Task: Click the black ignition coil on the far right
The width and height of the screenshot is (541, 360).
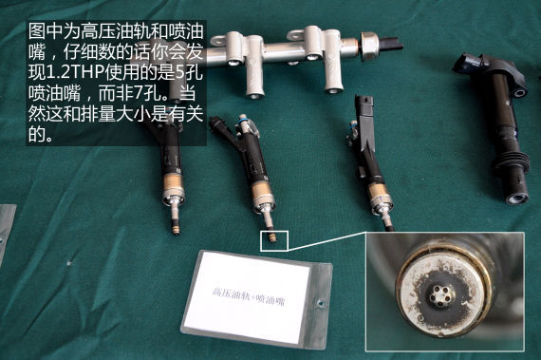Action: (x=496, y=127)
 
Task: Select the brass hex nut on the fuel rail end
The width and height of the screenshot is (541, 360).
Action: (x=369, y=46)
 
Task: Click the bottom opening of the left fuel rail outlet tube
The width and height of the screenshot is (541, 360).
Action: (x=255, y=94)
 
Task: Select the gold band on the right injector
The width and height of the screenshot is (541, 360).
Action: (x=379, y=193)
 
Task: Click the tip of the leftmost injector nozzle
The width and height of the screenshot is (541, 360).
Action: (x=176, y=233)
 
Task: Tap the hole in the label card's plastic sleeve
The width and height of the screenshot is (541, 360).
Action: (x=321, y=303)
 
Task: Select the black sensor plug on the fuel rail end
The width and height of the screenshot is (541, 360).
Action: (x=391, y=45)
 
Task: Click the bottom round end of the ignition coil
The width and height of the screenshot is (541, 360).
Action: (x=517, y=199)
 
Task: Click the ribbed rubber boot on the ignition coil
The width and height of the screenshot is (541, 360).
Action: (x=513, y=161)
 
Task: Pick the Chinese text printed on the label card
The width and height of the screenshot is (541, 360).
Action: (x=249, y=296)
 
